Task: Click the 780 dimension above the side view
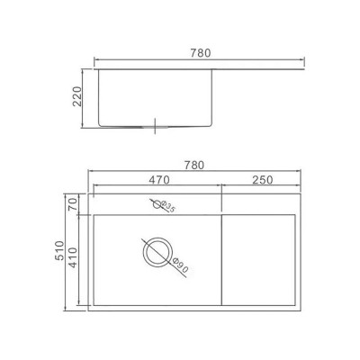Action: tap(201, 53)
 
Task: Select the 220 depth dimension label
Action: tap(77, 96)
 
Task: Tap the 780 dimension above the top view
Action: tap(193, 166)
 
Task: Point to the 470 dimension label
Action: tap(159, 180)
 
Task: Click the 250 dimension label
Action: tap(263, 180)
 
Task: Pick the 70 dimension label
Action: tap(74, 204)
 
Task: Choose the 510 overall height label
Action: tap(59, 250)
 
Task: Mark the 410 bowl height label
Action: tap(74, 258)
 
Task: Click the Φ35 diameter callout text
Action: tap(168, 207)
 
